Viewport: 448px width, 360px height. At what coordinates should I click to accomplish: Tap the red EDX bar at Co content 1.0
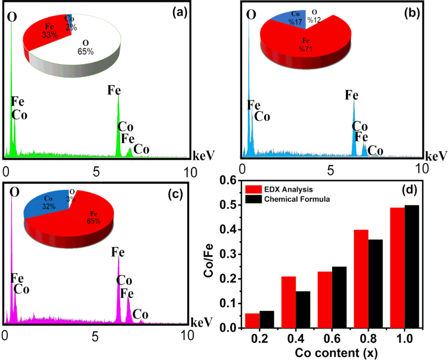coord(397,268)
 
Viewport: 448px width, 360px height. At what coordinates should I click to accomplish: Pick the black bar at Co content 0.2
coord(267,319)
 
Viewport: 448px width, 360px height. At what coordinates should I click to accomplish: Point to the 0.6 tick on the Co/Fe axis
coord(226,180)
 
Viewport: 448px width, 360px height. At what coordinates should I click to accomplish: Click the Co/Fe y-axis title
coord(209,254)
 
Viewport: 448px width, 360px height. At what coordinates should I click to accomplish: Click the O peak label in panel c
coord(15,191)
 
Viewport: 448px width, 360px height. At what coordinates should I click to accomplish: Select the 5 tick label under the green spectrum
coord(96,171)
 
